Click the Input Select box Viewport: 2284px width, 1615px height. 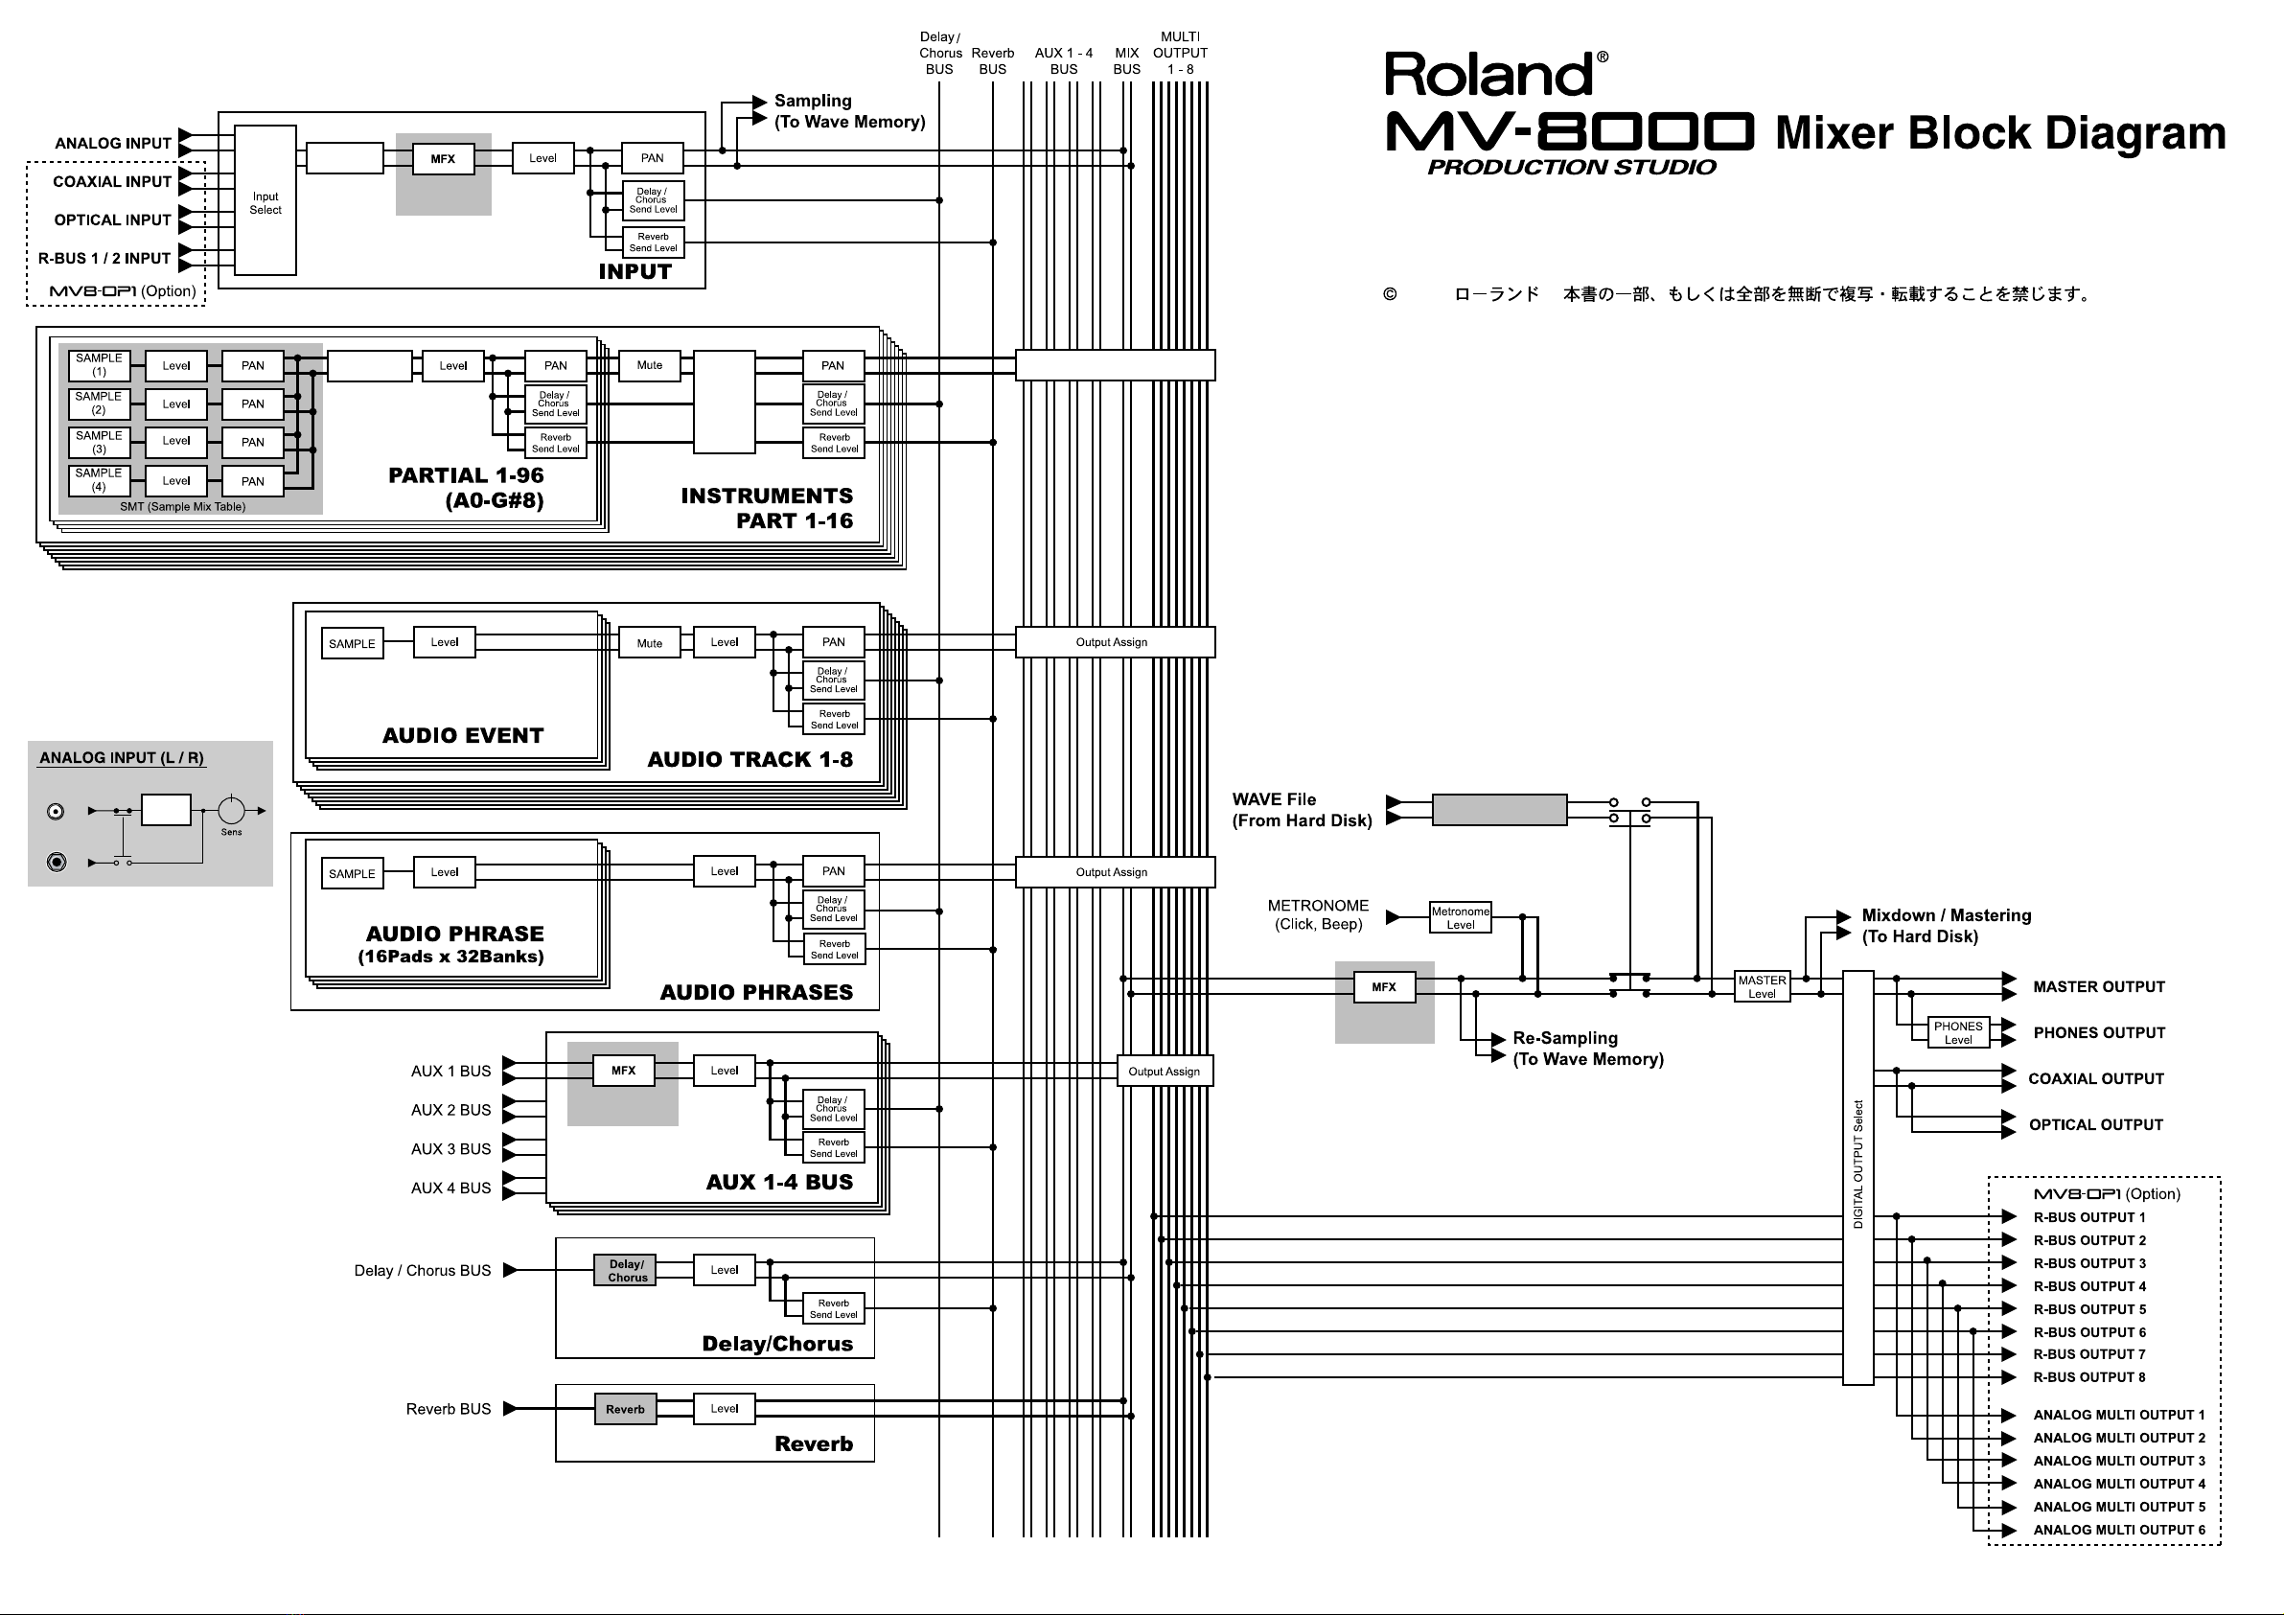pos(265,200)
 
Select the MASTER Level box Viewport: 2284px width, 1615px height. pos(1762,986)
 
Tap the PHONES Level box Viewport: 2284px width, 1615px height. pos(1958,1032)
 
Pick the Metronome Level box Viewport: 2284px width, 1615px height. pos(1461,917)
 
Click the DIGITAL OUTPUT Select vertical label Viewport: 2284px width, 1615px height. pos(1857,1165)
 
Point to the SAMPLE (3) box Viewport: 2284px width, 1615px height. pos(99,442)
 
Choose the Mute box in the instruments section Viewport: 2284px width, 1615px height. pos(650,365)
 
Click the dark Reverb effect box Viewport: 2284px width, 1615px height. pos(626,1409)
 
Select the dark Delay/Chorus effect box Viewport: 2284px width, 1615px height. pos(627,1271)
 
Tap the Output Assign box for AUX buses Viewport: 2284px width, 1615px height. pos(1164,1071)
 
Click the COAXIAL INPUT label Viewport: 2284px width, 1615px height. pos(112,181)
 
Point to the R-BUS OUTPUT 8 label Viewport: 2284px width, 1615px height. pos(2089,1377)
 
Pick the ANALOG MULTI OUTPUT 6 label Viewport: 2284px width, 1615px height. pos(2119,1530)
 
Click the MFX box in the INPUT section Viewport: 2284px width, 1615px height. pos(443,158)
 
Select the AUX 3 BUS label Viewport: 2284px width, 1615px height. pos(450,1148)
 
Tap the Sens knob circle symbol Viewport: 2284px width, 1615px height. pos(231,810)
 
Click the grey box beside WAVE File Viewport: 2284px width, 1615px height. pos(1499,809)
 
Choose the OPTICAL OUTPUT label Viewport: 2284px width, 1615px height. pos(2096,1124)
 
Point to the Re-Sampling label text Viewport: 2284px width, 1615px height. pos(1565,1038)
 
